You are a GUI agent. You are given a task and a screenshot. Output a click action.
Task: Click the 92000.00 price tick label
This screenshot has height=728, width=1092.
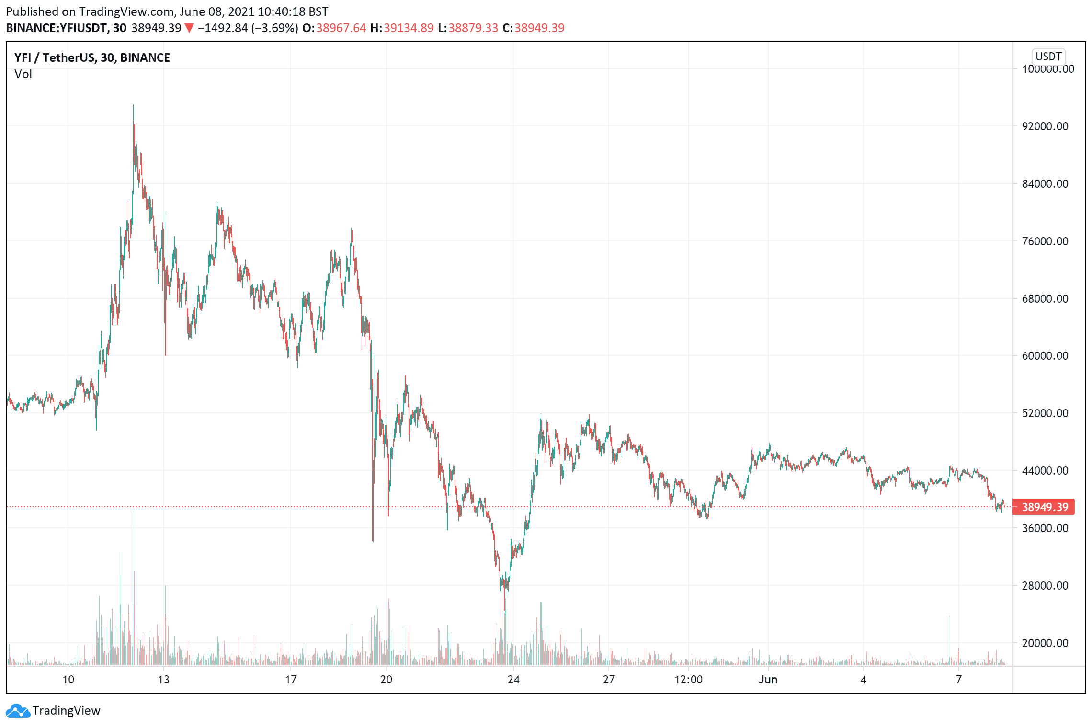pyautogui.click(x=1045, y=126)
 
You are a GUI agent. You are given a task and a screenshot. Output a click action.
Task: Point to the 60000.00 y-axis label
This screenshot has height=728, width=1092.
pyautogui.click(x=1045, y=356)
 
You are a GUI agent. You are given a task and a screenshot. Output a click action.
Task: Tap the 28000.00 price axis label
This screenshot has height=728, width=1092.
pyautogui.click(x=1045, y=586)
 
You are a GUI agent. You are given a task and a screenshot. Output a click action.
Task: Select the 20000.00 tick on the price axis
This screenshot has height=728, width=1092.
pyautogui.click(x=1045, y=643)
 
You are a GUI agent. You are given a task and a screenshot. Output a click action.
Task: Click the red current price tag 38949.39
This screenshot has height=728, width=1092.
pyautogui.click(x=1045, y=507)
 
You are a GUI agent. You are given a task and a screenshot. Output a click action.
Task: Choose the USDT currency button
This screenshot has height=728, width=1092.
pyautogui.click(x=1048, y=57)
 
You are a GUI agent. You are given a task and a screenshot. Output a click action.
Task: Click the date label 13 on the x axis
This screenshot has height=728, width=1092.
pyautogui.click(x=164, y=680)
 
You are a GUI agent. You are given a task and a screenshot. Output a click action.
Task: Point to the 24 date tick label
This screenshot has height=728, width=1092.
pyautogui.click(x=513, y=680)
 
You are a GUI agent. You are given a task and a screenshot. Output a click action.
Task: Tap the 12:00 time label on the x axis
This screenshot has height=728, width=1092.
pyautogui.click(x=688, y=680)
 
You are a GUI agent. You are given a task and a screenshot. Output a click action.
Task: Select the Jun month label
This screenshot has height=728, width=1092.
pyautogui.click(x=767, y=680)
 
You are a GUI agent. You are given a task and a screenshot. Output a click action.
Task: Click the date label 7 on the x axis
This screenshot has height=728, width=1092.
pyautogui.click(x=958, y=680)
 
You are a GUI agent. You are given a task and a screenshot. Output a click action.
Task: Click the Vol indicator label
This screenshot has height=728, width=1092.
pyautogui.click(x=23, y=74)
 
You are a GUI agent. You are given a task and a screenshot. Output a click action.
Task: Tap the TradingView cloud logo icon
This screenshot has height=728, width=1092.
pyautogui.click(x=18, y=711)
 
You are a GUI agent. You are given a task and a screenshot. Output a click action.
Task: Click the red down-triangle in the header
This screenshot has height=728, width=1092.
pyautogui.click(x=189, y=28)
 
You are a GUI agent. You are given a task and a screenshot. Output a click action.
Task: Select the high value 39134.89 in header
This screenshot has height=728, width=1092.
pyautogui.click(x=408, y=28)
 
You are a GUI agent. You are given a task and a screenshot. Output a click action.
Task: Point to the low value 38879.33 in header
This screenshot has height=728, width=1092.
pyautogui.click(x=473, y=28)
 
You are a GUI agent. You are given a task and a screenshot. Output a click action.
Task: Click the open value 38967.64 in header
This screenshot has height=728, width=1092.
pyautogui.click(x=341, y=28)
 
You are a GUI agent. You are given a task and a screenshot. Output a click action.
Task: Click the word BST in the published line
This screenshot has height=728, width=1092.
pyautogui.click(x=318, y=11)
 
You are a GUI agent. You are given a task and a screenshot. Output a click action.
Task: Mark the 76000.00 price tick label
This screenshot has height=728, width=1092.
pyautogui.click(x=1045, y=241)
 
